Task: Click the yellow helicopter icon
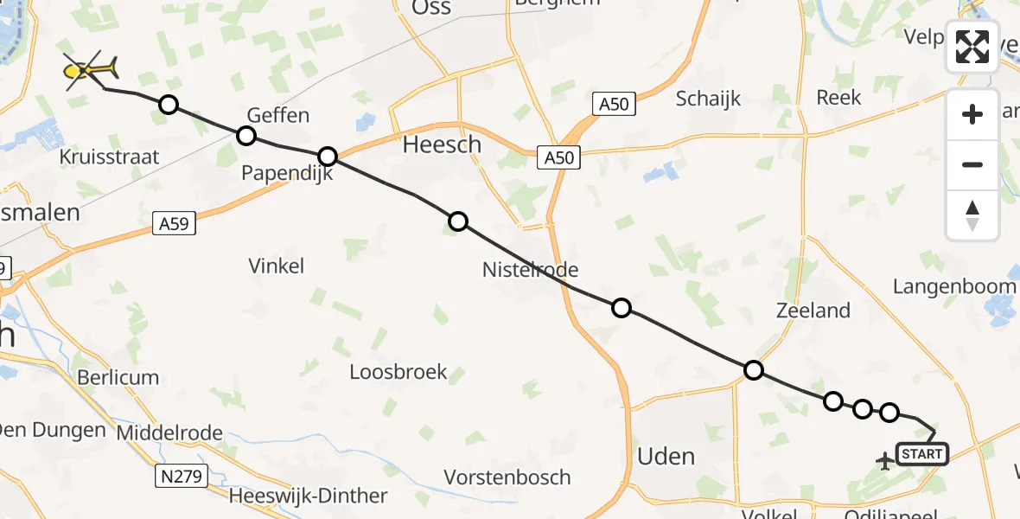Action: [90, 68]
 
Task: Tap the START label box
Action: [921, 454]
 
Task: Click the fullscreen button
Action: [972, 47]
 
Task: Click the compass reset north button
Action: [972, 215]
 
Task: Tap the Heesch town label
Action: [442, 144]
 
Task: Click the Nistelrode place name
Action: [530, 270]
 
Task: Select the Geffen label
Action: [277, 115]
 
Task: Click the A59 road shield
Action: [176, 223]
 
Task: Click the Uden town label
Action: [666, 456]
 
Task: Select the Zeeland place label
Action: [813, 310]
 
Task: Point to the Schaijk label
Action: [709, 98]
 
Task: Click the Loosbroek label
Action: [398, 372]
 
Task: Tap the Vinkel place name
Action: [276, 266]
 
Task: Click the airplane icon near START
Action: [884, 461]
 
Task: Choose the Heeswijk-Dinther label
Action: [308, 496]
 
